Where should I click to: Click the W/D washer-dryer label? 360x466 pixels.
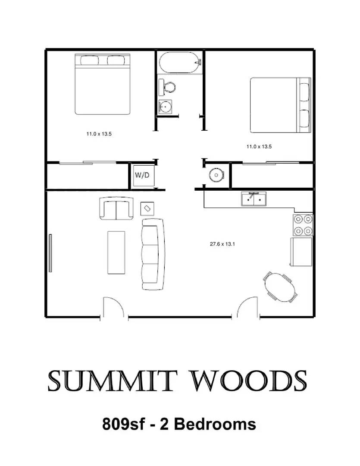tap(142, 175)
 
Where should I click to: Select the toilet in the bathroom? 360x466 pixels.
tap(168, 88)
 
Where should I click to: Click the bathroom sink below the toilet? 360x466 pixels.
tap(165, 106)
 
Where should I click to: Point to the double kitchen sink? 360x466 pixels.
tap(254, 199)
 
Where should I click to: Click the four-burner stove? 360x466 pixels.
tap(303, 225)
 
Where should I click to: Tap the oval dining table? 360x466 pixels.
tap(281, 287)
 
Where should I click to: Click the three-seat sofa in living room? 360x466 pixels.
tap(153, 254)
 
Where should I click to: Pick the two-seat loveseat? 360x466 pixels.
tap(116, 208)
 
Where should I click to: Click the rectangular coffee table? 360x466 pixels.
tap(116, 252)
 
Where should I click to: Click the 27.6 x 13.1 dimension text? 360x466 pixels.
tap(222, 244)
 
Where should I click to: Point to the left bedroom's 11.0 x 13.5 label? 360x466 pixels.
tap(99, 134)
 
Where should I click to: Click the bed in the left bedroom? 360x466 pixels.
tap(102, 84)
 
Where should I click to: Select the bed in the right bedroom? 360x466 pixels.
tap(280, 105)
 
